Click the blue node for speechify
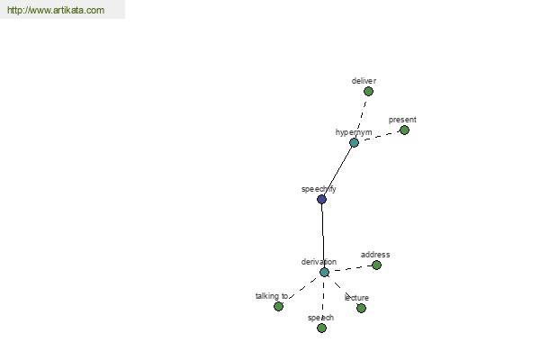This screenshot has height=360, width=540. click(321, 199)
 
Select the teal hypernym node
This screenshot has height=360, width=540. click(354, 142)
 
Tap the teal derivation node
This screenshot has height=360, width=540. click(324, 272)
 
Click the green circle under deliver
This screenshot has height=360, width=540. click(368, 92)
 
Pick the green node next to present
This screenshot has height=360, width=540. click(404, 130)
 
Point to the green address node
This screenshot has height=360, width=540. click(377, 265)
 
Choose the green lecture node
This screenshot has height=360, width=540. click(361, 308)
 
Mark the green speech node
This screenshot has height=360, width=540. click(321, 328)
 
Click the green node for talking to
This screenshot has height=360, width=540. click(279, 306)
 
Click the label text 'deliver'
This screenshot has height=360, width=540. click(364, 81)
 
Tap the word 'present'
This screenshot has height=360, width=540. click(402, 120)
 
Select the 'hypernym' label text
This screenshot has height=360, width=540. click(354, 132)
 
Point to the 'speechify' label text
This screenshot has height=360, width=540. click(319, 189)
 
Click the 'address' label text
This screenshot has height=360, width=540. click(375, 255)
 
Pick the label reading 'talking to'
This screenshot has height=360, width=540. click(272, 296)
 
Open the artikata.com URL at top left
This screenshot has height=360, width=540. click(56, 10)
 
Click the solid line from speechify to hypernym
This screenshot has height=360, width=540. click(337, 171)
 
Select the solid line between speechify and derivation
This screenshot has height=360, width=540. click(323, 236)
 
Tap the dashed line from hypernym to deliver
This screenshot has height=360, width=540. click(361, 116)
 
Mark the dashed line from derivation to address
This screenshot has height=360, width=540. click(350, 269)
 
